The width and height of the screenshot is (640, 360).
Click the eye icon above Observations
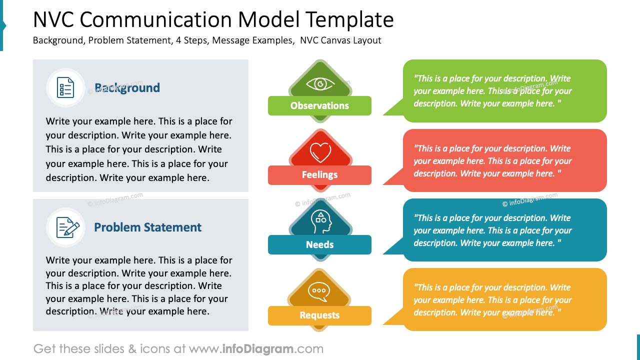(x=319, y=83)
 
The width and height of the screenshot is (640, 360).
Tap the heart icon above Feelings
(x=320, y=151)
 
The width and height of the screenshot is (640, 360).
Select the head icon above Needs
(x=319, y=221)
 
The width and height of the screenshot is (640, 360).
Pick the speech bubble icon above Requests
(x=319, y=291)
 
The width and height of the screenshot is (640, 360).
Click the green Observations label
(x=319, y=105)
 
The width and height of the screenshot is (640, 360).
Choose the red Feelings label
(x=319, y=175)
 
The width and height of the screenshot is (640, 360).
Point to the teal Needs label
(x=319, y=244)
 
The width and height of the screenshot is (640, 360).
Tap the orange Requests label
(x=319, y=315)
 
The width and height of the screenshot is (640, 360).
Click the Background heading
(x=127, y=88)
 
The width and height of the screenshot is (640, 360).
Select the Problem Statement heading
(x=147, y=227)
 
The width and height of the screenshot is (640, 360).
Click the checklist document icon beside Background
(x=65, y=87)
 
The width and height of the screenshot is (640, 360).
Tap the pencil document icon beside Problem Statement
(x=67, y=227)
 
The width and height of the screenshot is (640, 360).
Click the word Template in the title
(x=349, y=20)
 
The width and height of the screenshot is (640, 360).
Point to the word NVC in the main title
(x=53, y=20)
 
